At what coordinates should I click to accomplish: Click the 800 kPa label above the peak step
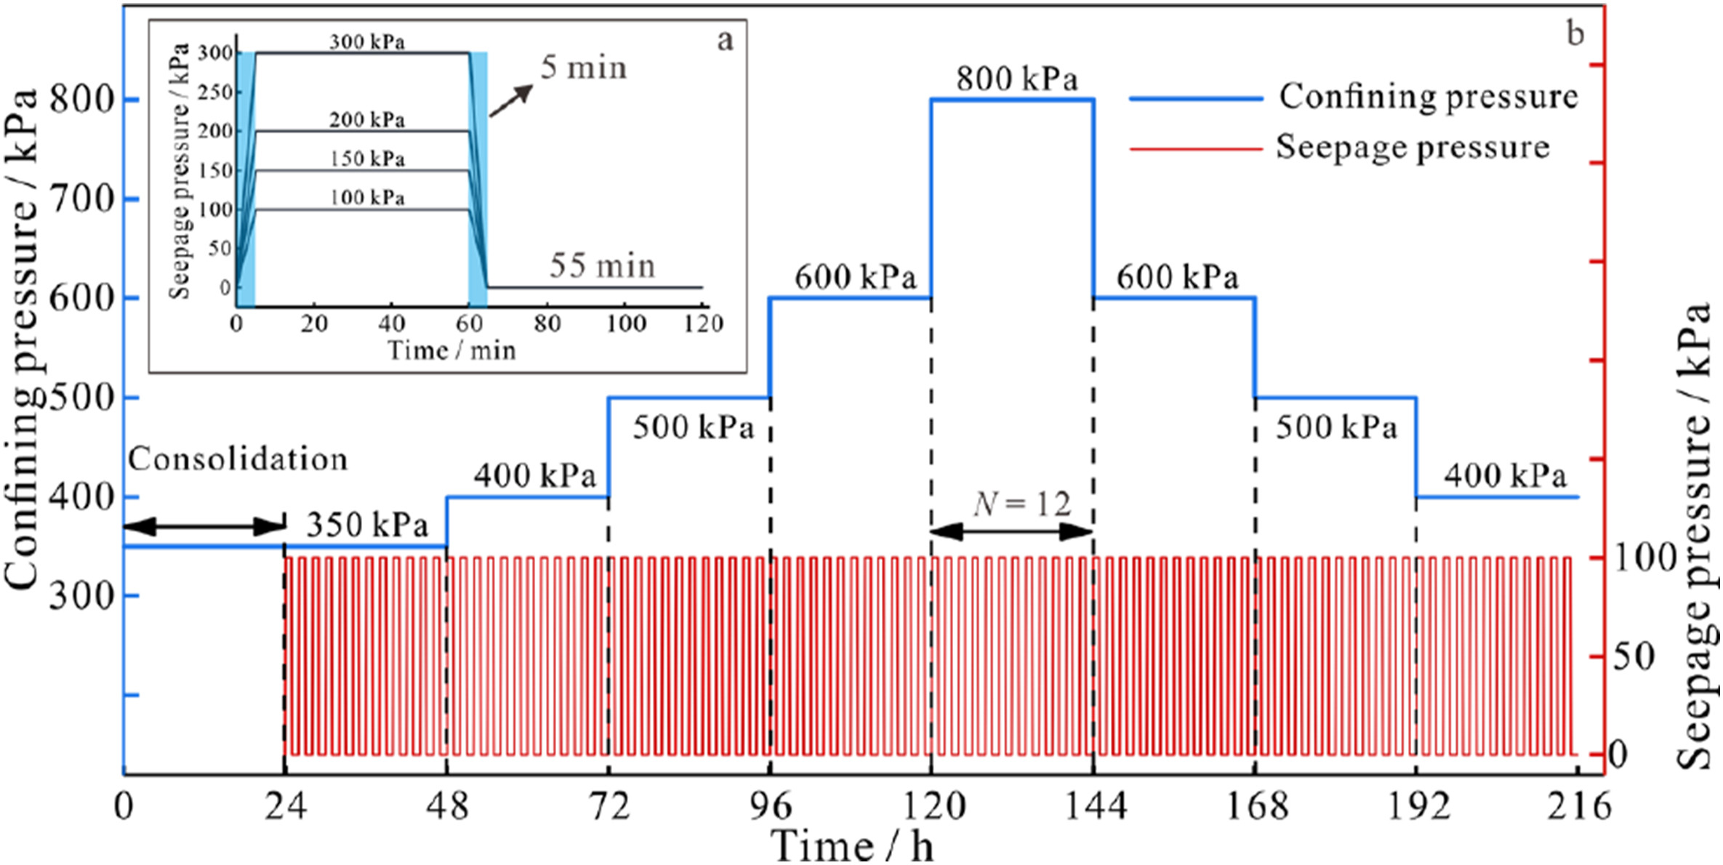click(x=1016, y=79)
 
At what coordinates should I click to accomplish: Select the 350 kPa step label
click(x=367, y=525)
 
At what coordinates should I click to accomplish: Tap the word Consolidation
click(x=238, y=459)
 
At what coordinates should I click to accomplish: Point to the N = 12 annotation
click(x=1022, y=504)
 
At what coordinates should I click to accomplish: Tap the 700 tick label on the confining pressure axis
click(x=82, y=199)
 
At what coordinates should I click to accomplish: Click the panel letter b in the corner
click(x=1575, y=34)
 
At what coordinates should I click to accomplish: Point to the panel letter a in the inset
click(x=725, y=41)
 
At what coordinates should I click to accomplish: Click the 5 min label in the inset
click(x=583, y=68)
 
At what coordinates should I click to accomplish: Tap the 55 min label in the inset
click(x=602, y=265)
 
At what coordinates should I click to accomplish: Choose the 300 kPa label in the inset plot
click(x=367, y=41)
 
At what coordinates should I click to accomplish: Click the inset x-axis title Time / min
click(x=451, y=350)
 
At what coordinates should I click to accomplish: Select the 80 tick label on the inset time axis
click(x=547, y=323)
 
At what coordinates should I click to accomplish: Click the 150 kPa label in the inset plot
click(x=367, y=158)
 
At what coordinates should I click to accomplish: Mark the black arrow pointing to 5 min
click(x=510, y=100)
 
